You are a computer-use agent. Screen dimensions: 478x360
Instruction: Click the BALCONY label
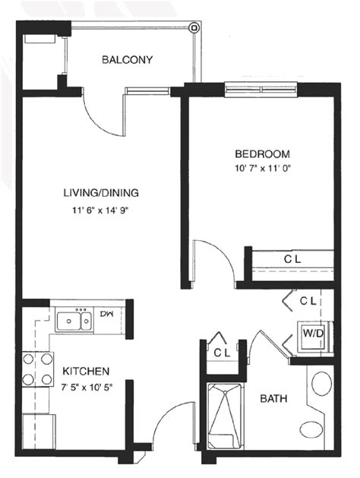coord(128,59)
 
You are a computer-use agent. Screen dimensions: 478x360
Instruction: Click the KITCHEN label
coord(86,371)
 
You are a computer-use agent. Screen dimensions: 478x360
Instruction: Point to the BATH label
coord(273,398)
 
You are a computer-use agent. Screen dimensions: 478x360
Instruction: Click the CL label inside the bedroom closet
coord(292,260)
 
